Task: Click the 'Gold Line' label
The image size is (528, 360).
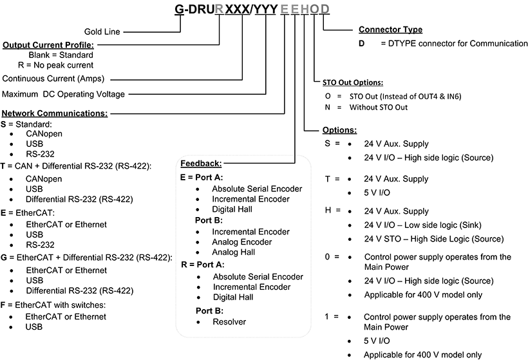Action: [102, 31]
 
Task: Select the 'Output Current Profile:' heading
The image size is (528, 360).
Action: [48, 45]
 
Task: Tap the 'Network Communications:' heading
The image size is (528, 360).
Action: [54, 113]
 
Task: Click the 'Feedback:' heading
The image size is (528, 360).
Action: [201, 164]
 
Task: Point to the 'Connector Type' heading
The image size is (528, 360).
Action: [390, 30]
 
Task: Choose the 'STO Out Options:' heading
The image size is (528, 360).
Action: [353, 82]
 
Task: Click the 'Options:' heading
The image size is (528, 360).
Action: [340, 130]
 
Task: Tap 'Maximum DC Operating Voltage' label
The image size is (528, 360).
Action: [63, 94]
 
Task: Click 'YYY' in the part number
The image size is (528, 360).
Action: [269, 10]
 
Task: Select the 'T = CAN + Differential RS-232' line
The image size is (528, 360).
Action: [76, 166]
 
